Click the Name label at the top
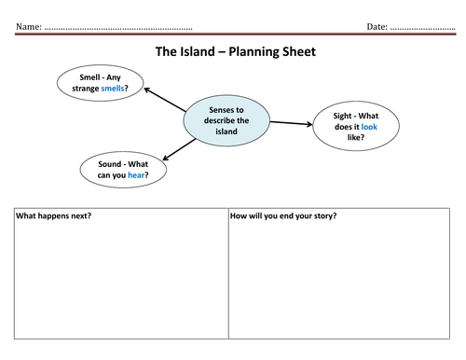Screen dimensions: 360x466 tap(28, 27)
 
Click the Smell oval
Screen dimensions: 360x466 tap(100, 83)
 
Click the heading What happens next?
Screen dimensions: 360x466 tap(59, 216)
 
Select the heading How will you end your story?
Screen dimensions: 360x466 tap(283, 216)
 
